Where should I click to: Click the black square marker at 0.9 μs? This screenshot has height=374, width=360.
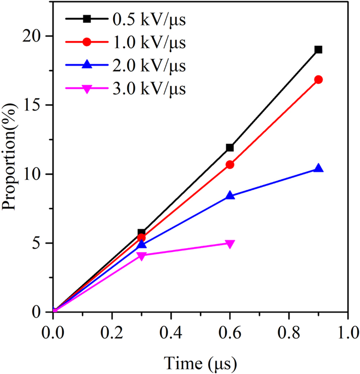[318, 50]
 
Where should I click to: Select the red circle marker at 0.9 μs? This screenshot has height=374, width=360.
[318, 80]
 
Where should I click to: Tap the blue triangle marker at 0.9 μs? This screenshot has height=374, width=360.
[318, 169]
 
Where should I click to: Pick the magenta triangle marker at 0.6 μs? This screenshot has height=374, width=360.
[230, 244]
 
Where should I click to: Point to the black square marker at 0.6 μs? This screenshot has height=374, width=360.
[230, 147]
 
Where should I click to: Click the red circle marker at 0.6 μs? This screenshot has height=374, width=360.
[230, 164]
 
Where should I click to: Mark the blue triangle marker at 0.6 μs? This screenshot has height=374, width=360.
[230, 195]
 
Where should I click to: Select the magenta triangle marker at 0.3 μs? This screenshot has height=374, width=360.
[141, 255]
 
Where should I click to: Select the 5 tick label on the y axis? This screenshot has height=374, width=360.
[40, 243]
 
